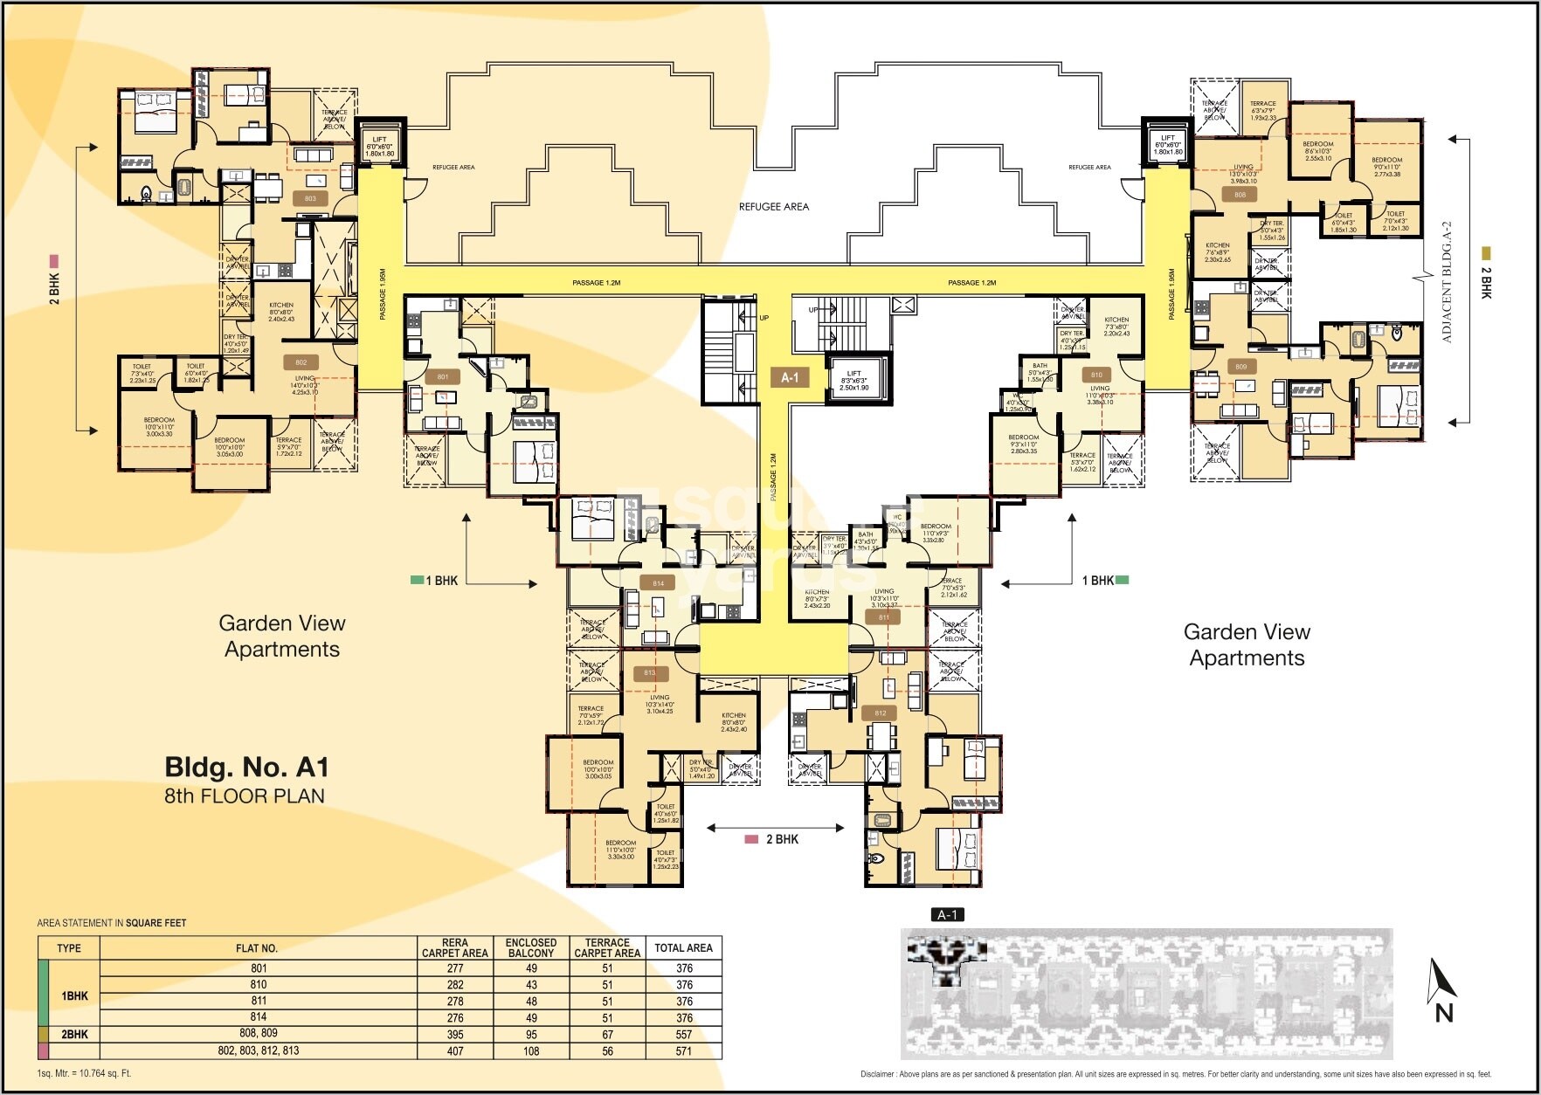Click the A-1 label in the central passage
790,377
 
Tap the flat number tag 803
310,198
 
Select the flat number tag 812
881,713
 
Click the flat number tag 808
1240,195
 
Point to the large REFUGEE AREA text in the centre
773,207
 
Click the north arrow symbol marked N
1442,991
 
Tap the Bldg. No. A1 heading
246,767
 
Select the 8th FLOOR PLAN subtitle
245,795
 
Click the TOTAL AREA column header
683,947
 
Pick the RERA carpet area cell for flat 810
454,985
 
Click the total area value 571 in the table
683,1051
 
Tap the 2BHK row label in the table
75,1035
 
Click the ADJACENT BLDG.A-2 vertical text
1446,281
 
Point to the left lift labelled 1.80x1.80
379,146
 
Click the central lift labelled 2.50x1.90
853,380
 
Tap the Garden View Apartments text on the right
1246,644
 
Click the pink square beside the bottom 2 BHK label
750,839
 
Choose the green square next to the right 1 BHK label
1122,580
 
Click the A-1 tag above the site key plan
948,914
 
